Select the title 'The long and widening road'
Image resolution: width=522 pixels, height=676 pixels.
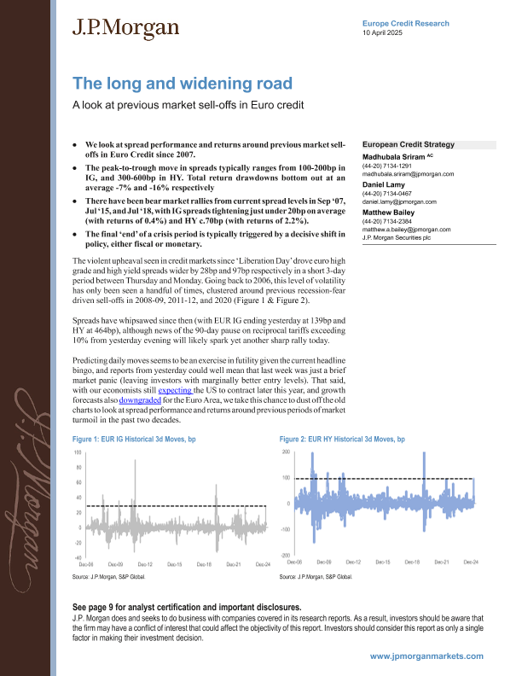pyautogui.click(x=182, y=84)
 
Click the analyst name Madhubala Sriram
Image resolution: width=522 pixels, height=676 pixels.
pyautogui.click(x=396, y=157)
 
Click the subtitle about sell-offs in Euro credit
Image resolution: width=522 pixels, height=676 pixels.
pyautogui.click(x=188, y=106)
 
